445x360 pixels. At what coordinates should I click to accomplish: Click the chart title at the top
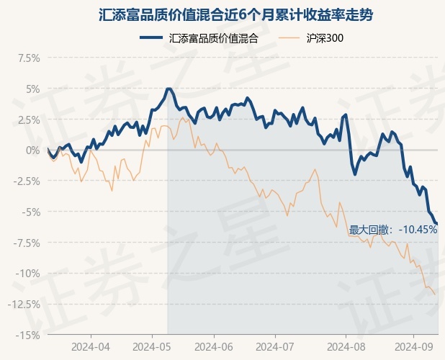223,14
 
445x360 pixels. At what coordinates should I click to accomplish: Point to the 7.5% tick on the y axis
27,58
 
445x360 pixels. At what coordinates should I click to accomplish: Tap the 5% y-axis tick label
32,89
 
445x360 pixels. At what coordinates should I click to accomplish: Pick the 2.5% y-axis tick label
27,120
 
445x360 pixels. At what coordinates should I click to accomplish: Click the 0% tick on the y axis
32,150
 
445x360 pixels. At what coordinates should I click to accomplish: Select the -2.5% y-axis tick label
25,181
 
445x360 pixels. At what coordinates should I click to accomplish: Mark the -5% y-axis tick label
30,212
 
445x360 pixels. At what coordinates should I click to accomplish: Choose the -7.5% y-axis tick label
25,243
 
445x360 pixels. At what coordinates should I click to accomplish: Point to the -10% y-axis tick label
27,273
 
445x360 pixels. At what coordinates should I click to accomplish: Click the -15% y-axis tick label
27,335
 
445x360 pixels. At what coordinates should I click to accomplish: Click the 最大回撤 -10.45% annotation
393,230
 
